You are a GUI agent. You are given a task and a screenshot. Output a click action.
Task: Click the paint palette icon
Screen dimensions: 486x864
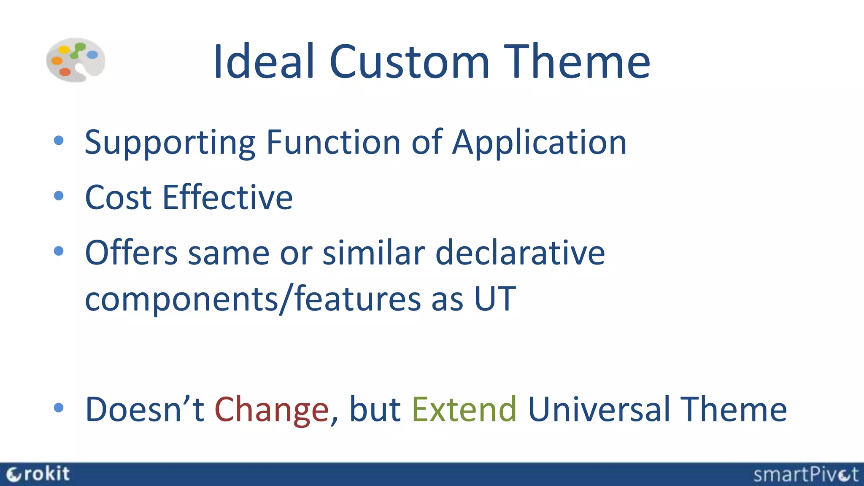(76, 60)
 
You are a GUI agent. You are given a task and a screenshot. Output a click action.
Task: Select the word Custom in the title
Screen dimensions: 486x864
(409, 62)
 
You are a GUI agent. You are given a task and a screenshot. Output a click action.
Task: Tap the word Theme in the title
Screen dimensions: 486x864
(577, 62)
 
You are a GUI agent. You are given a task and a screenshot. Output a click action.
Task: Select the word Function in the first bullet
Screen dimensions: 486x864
(333, 142)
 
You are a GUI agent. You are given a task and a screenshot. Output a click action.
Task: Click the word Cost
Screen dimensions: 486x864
(118, 197)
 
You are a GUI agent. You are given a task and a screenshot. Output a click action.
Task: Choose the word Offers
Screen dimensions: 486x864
(131, 253)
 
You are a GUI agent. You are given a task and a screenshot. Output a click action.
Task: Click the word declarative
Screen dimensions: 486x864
(520, 253)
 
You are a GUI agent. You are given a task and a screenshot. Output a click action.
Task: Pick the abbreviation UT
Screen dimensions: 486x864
(495, 299)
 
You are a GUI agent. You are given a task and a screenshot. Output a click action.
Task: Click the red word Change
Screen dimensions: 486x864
(271, 410)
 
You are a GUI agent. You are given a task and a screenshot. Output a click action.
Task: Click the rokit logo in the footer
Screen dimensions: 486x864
(38, 474)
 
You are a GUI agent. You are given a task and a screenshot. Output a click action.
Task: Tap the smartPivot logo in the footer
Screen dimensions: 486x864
(805, 475)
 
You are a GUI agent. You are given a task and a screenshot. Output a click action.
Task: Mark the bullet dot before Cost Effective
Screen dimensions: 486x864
(59, 196)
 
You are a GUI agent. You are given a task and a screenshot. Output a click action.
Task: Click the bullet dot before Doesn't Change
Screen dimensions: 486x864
(59, 408)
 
